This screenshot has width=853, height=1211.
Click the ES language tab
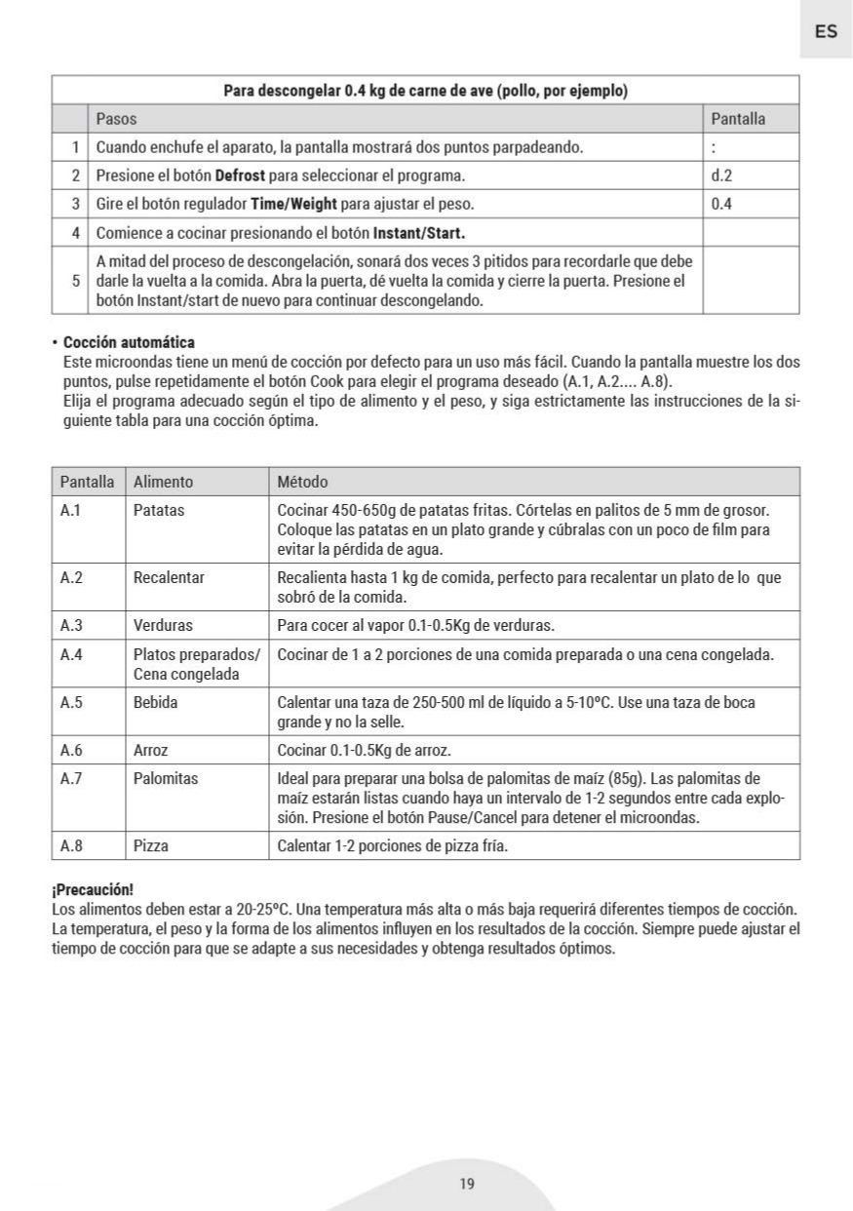[825, 31]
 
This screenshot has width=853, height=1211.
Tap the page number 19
[466, 1184]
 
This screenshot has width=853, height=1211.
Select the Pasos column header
[116, 119]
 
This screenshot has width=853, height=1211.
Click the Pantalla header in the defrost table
[738, 119]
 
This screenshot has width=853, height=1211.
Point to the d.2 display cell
[721, 176]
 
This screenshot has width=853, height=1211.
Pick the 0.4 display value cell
[721, 205]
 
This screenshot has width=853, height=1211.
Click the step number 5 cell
[75, 280]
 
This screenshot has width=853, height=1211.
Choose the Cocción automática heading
[129, 342]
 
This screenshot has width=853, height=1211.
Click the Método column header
[302, 482]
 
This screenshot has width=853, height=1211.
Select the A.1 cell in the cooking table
[71, 510]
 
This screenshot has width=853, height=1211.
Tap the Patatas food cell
[159, 510]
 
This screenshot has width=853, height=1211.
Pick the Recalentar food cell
[169, 577]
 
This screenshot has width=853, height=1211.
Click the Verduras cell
[163, 625]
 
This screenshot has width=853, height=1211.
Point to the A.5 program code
[71, 702]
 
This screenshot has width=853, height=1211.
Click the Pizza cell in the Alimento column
[151, 845]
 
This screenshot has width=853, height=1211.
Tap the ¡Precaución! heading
[92, 891]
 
